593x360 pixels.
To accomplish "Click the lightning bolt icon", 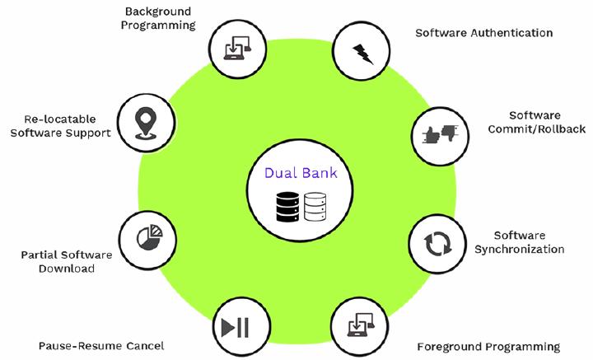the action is point(363,54).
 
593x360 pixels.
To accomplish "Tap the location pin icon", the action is point(146,123).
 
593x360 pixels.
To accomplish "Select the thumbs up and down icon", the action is point(440,133).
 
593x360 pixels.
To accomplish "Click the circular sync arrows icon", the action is point(437,244).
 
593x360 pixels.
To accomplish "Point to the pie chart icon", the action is point(149,237).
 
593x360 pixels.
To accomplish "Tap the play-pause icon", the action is point(236,328).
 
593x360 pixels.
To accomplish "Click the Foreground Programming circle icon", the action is point(360,325).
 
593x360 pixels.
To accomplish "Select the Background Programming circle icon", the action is point(237,49).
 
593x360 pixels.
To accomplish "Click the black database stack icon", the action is point(287,207).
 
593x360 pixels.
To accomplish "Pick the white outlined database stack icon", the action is point(315,207).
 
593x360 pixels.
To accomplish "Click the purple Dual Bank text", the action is point(301,173).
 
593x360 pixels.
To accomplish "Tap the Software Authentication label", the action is point(484,33).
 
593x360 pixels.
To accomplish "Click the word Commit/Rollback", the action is point(537,129).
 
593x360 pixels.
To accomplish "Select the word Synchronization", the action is point(520,250).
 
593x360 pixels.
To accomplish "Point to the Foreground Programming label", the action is point(488,347).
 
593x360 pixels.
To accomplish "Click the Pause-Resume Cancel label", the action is point(101,346).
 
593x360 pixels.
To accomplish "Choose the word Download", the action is point(67,269).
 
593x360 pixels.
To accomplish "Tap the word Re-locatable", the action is point(60,119).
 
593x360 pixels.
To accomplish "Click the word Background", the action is point(158,12).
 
